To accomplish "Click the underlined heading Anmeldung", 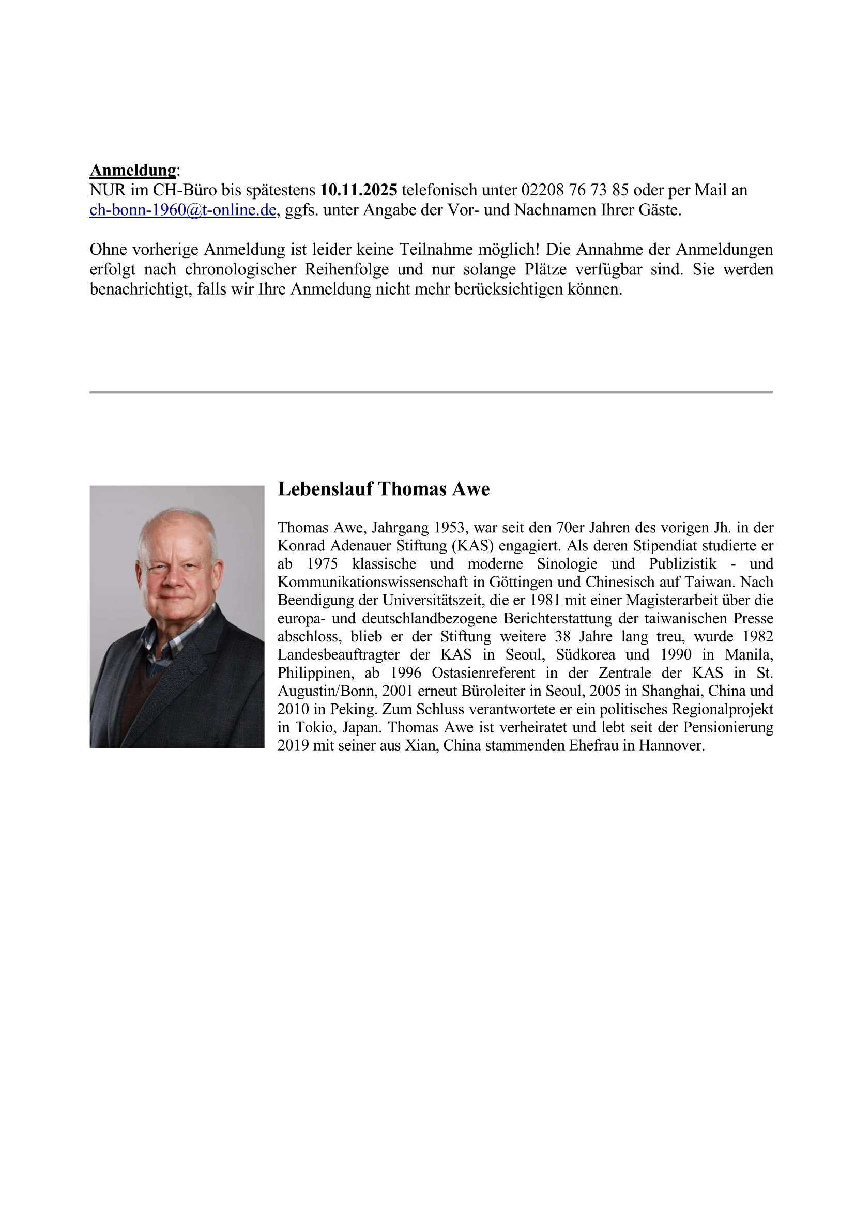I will (x=133, y=170).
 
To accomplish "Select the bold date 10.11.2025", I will (x=359, y=190).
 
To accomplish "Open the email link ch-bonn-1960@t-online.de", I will (x=182, y=210).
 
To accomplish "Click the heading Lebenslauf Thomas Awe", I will (x=383, y=489).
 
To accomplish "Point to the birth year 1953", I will (x=451, y=528).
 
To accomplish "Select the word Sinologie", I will (x=567, y=564).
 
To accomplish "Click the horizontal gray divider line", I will (x=431, y=392).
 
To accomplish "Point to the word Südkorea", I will (x=585, y=654).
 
